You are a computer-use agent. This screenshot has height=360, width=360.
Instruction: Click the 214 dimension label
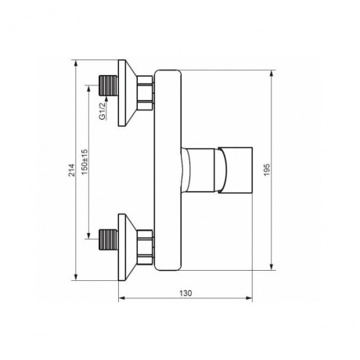[71, 170]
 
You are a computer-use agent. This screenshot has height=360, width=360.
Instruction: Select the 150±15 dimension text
[85, 162]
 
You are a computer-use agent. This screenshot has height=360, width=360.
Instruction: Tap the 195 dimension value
[267, 170]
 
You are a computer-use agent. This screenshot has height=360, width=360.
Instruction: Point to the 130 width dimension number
[185, 293]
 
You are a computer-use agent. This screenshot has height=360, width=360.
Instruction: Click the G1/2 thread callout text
[103, 111]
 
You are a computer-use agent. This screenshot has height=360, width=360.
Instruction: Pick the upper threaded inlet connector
[109, 85]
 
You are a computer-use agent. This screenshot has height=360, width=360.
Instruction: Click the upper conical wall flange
[128, 93]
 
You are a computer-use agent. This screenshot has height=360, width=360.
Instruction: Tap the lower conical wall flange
[128, 247]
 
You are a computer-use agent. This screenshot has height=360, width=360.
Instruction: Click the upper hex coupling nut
[146, 93]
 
